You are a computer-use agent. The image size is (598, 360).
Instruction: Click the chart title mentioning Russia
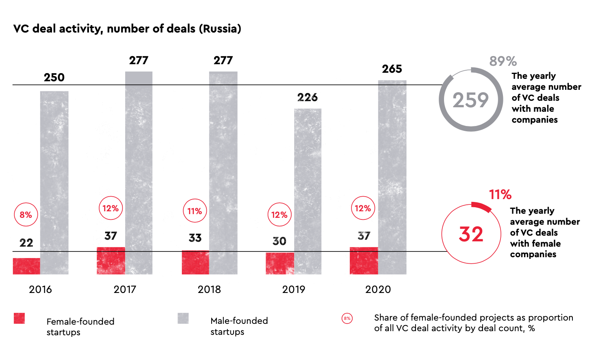(x=127, y=29)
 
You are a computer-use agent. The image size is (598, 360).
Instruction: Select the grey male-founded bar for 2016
(x=54, y=182)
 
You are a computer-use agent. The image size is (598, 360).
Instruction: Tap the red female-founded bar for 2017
(x=111, y=260)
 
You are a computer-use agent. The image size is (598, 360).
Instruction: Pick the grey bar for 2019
(x=308, y=191)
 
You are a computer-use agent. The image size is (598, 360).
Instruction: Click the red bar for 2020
(x=364, y=260)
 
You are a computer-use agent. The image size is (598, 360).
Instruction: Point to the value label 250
(x=54, y=78)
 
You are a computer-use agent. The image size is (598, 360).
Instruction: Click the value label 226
(x=308, y=98)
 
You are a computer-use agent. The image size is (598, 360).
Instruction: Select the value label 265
(x=392, y=69)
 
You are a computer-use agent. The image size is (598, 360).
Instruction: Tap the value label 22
(x=26, y=243)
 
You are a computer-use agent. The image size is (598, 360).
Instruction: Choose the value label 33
(x=195, y=238)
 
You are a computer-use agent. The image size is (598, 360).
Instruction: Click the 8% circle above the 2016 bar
(x=26, y=215)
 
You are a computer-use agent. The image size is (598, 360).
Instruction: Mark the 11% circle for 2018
(x=195, y=211)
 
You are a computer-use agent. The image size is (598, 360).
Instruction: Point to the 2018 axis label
(x=209, y=290)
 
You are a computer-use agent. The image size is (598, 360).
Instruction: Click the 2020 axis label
(x=378, y=290)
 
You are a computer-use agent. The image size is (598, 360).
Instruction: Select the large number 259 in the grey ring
(x=470, y=100)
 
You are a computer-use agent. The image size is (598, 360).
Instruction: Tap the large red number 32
(x=471, y=234)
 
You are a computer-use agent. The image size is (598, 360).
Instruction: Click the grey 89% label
(x=503, y=61)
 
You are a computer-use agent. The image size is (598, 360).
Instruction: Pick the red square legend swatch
(x=19, y=318)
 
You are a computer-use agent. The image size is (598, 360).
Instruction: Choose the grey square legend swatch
(x=183, y=318)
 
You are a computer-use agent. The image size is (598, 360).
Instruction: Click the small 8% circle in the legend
(x=347, y=319)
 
